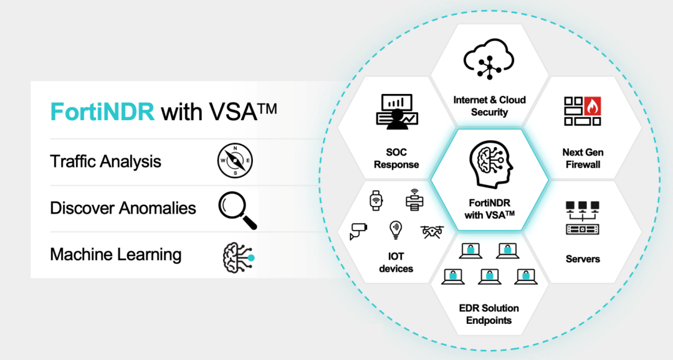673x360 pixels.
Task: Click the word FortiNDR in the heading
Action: pyautogui.click(x=102, y=112)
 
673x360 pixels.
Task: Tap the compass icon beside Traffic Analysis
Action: pyautogui.click(x=235, y=161)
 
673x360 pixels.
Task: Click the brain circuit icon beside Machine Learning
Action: pyautogui.click(x=238, y=255)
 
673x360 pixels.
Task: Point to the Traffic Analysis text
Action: pyautogui.click(x=105, y=162)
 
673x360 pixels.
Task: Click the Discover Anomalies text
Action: pyautogui.click(x=123, y=208)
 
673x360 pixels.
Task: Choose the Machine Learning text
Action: pyautogui.click(x=115, y=255)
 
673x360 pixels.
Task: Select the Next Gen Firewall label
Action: pyautogui.click(x=583, y=158)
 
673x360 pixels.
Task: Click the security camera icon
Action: pyautogui.click(x=359, y=231)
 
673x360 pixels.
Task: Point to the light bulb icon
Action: pyautogui.click(x=395, y=230)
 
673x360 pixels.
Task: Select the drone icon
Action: pyautogui.click(x=432, y=232)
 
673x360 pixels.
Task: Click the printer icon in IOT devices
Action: pyautogui.click(x=414, y=199)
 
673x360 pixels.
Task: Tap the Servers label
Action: pyautogui.click(x=583, y=258)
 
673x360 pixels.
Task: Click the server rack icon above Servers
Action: pyautogui.click(x=582, y=218)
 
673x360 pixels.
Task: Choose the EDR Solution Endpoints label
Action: pyautogui.click(x=489, y=315)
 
